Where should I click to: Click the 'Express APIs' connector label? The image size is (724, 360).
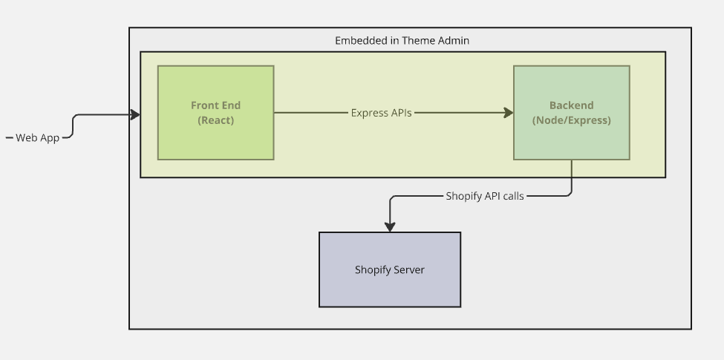click(381, 113)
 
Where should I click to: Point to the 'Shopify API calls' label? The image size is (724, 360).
click(484, 196)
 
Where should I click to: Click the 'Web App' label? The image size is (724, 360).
click(37, 137)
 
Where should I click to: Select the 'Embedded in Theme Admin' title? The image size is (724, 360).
click(402, 40)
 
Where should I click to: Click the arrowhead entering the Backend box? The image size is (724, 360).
click(509, 113)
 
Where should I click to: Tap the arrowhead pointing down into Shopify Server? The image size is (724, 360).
click(389, 227)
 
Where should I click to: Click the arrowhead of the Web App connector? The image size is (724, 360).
click(135, 114)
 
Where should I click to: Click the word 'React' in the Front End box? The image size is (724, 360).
click(215, 120)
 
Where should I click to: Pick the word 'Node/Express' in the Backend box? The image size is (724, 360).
click(572, 120)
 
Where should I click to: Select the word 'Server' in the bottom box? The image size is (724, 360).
click(409, 269)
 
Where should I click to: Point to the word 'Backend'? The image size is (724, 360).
click(571, 105)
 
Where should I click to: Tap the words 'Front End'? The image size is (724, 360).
click(215, 105)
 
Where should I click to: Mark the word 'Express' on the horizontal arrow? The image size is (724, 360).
click(369, 113)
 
